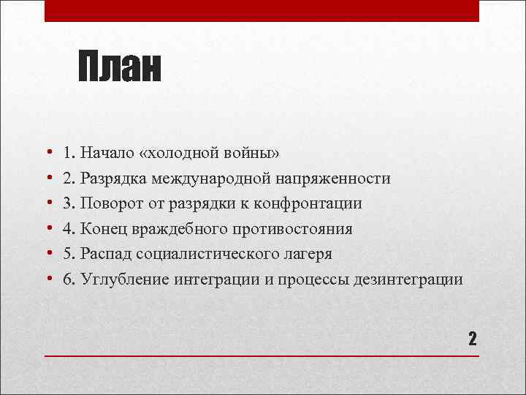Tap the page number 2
pos(472,338)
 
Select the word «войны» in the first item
pos(254,154)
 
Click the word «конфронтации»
pos(316,204)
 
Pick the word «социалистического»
pos(199,255)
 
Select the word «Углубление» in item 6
pos(125,279)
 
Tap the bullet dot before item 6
pos(48,280)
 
